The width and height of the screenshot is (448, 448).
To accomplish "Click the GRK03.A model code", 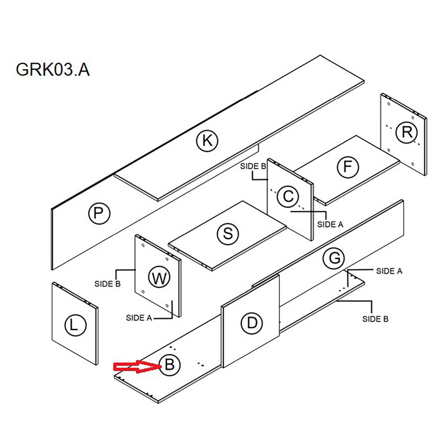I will pyautogui.click(x=53, y=69).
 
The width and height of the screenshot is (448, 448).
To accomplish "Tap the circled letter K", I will pyautogui.click(x=207, y=140).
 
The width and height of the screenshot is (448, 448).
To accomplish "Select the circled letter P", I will pyautogui.click(x=99, y=213).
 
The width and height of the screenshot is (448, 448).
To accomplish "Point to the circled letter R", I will pyautogui.click(x=407, y=132).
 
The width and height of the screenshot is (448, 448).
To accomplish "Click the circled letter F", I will pyautogui.click(x=347, y=167).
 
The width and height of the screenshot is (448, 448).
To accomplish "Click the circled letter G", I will pyautogui.click(x=333, y=258).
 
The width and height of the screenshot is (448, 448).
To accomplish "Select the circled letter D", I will pyautogui.click(x=252, y=323).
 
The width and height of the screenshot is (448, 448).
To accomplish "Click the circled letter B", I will pyautogui.click(x=170, y=365).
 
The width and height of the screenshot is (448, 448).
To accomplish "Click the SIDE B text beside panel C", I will pyautogui.click(x=253, y=166).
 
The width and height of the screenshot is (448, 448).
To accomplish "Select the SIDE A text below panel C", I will pyautogui.click(x=330, y=224).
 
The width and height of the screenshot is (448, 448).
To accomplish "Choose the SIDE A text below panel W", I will pyautogui.click(x=139, y=318).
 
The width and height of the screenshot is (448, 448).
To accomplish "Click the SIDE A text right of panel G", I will pyautogui.click(x=389, y=271).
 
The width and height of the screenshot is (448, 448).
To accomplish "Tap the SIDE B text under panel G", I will pyautogui.click(x=375, y=319).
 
